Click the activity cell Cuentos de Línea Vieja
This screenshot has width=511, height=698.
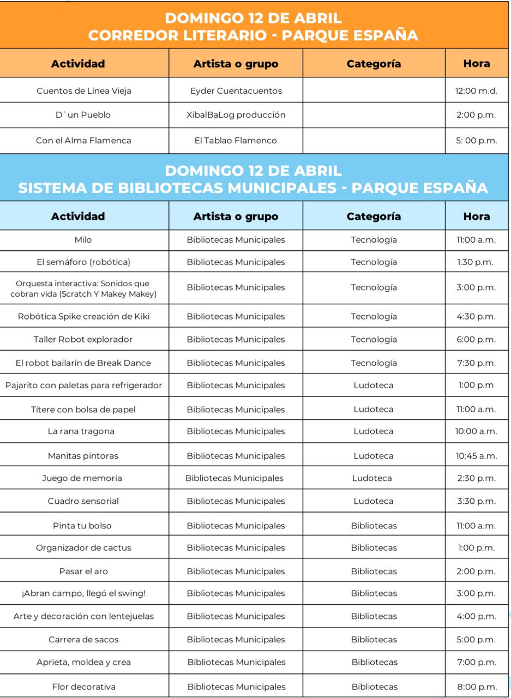pyautogui.click(x=84, y=91)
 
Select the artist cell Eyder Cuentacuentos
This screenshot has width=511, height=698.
pyautogui.click(x=236, y=91)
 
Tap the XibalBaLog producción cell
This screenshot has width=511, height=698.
pyautogui.click(x=236, y=115)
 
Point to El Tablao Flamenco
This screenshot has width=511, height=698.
pyautogui.click(x=236, y=141)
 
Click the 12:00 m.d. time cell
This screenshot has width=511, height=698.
pyautogui.click(x=476, y=91)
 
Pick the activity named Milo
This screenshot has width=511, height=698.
pyautogui.click(x=83, y=240)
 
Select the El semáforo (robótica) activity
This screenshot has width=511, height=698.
pyautogui.click(x=83, y=262)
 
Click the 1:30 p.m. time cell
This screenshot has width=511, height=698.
pyautogui.click(x=476, y=262)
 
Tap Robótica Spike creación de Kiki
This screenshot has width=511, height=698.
pyautogui.click(x=83, y=317)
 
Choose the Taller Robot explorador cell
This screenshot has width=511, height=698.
pyautogui.click(x=83, y=340)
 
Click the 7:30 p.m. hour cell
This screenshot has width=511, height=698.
pyautogui.click(x=476, y=363)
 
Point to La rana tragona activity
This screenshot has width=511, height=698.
pyautogui.click(x=81, y=431)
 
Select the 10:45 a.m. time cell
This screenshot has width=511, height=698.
pyautogui.click(x=476, y=456)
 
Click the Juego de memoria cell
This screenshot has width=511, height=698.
pyautogui.click(x=82, y=478)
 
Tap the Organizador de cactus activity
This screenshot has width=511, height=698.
pyautogui.click(x=83, y=548)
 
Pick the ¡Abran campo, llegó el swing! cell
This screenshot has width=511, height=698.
pyautogui.click(x=83, y=593)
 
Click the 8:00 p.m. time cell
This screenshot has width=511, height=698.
pyautogui.click(x=477, y=687)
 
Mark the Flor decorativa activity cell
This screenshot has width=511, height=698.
pyautogui.click(x=83, y=687)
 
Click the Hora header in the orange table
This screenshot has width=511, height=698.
pyautogui.click(x=476, y=64)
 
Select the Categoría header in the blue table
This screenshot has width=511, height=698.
pyautogui.click(x=374, y=216)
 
